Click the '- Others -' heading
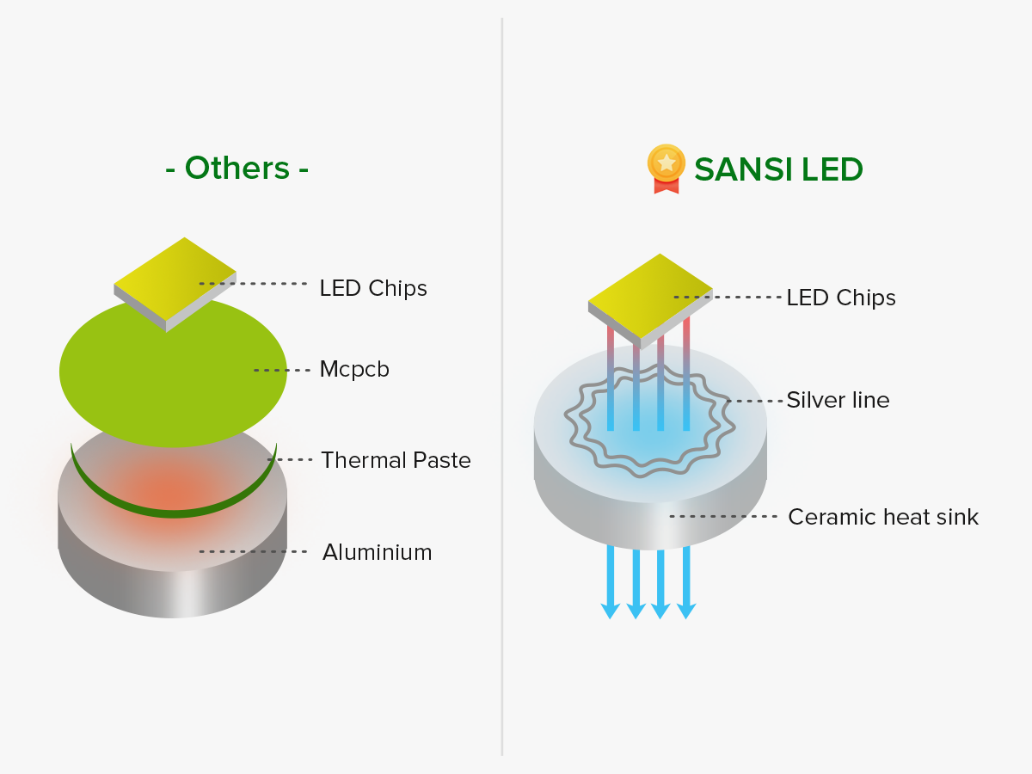pyautogui.click(x=236, y=168)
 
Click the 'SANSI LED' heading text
pyautogui.click(x=778, y=169)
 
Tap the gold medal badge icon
pyautogui.click(x=666, y=167)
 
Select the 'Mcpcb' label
pyautogui.click(x=354, y=370)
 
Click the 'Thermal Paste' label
pyautogui.click(x=396, y=460)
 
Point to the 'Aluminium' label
pyautogui.click(x=377, y=552)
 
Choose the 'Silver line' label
pyautogui.click(x=838, y=400)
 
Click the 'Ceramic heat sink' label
pyautogui.click(x=883, y=517)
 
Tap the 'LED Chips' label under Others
pyautogui.click(x=373, y=288)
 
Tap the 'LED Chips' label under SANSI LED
pyautogui.click(x=841, y=298)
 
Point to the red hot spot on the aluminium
pyautogui.click(x=172, y=490)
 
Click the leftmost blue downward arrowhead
pyautogui.click(x=611, y=611)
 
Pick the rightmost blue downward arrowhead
pyautogui.click(x=686, y=611)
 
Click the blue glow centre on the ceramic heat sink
pyautogui.click(x=649, y=439)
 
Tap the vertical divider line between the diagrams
pyautogui.click(x=502, y=387)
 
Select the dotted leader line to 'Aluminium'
pyautogui.click(x=254, y=551)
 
